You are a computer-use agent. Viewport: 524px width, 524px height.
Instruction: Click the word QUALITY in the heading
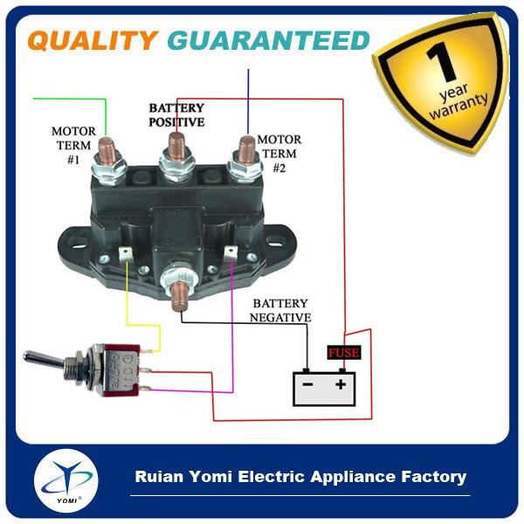[93, 40]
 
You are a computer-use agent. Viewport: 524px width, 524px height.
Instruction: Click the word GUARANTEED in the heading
[268, 40]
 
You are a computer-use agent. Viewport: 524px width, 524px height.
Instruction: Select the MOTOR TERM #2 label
[279, 153]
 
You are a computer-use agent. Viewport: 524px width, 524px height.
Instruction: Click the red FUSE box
[343, 354]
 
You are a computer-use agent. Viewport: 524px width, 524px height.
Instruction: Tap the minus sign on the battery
[307, 384]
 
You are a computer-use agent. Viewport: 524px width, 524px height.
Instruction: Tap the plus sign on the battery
[341, 384]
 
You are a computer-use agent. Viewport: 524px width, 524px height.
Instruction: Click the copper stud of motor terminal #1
[107, 150]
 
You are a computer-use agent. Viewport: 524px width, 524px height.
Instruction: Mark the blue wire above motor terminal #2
[248, 96]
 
